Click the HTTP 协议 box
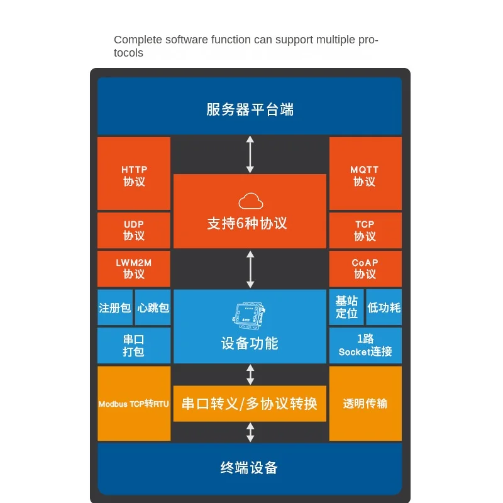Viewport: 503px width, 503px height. (x=134, y=174)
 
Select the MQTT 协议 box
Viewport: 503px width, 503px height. (x=365, y=174)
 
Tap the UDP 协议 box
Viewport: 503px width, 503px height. (x=134, y=230)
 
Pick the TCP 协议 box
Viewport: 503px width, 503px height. (x=365, y=230)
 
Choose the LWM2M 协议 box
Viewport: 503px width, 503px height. (x=134, y=269)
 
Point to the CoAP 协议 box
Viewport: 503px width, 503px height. (x=365, y=269)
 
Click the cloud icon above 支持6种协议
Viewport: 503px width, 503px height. (x=250, y=201)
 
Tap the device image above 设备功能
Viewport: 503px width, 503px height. (x=249, y=316)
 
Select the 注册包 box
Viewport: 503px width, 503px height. (x=115, y=307)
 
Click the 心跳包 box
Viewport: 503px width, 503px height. (x=153, y=307)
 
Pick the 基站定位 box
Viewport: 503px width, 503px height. (x=346, y=307)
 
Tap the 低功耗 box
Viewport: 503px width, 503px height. (x=384, y=307)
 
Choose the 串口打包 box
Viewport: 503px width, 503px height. (x=134, y=345)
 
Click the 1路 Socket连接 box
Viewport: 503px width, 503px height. (x=365, y=345)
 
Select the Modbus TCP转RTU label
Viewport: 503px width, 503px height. (x=134, y=404)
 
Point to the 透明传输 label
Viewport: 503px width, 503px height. (x=365, y=404)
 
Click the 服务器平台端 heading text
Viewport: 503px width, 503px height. (x=250, y=109)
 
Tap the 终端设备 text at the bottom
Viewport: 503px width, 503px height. (x=249, y=468)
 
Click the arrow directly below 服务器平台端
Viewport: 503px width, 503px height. (x=250, y=154)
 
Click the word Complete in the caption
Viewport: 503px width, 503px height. (x=138, y=40)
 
